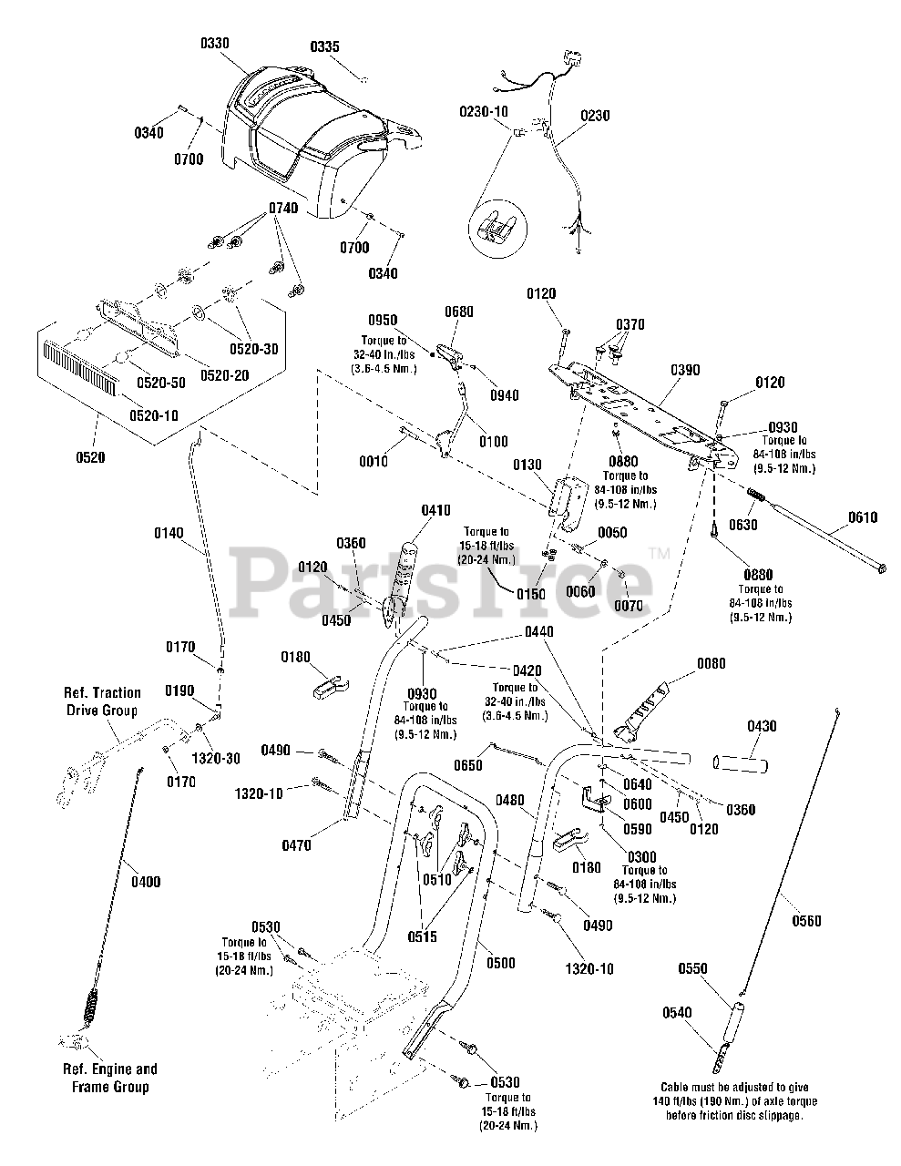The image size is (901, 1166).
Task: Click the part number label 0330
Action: (215, 43)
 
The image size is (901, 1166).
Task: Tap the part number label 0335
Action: (324, 46)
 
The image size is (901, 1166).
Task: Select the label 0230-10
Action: (484, 112)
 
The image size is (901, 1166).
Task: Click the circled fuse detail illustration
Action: (497, 228)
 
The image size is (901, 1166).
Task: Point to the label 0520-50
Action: (161, 383)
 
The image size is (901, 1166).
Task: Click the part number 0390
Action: (685, 370)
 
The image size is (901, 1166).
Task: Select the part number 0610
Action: (863, 517)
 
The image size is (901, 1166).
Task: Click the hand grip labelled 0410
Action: (404, 578)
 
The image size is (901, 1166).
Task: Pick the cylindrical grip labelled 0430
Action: (740, 763)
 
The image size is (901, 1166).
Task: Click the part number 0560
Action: (806, 921)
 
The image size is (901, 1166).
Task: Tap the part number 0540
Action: (677, 1013)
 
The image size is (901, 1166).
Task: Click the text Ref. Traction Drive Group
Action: (102, 701)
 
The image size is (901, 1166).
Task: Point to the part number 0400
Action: (146, 882)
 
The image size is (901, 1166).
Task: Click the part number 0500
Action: (501, 963)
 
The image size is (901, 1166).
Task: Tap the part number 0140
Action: (169, 533)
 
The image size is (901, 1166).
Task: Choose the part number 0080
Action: (712, 664)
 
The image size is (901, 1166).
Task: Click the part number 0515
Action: (423, 936)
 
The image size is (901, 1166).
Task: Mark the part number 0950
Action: (383, 321)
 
